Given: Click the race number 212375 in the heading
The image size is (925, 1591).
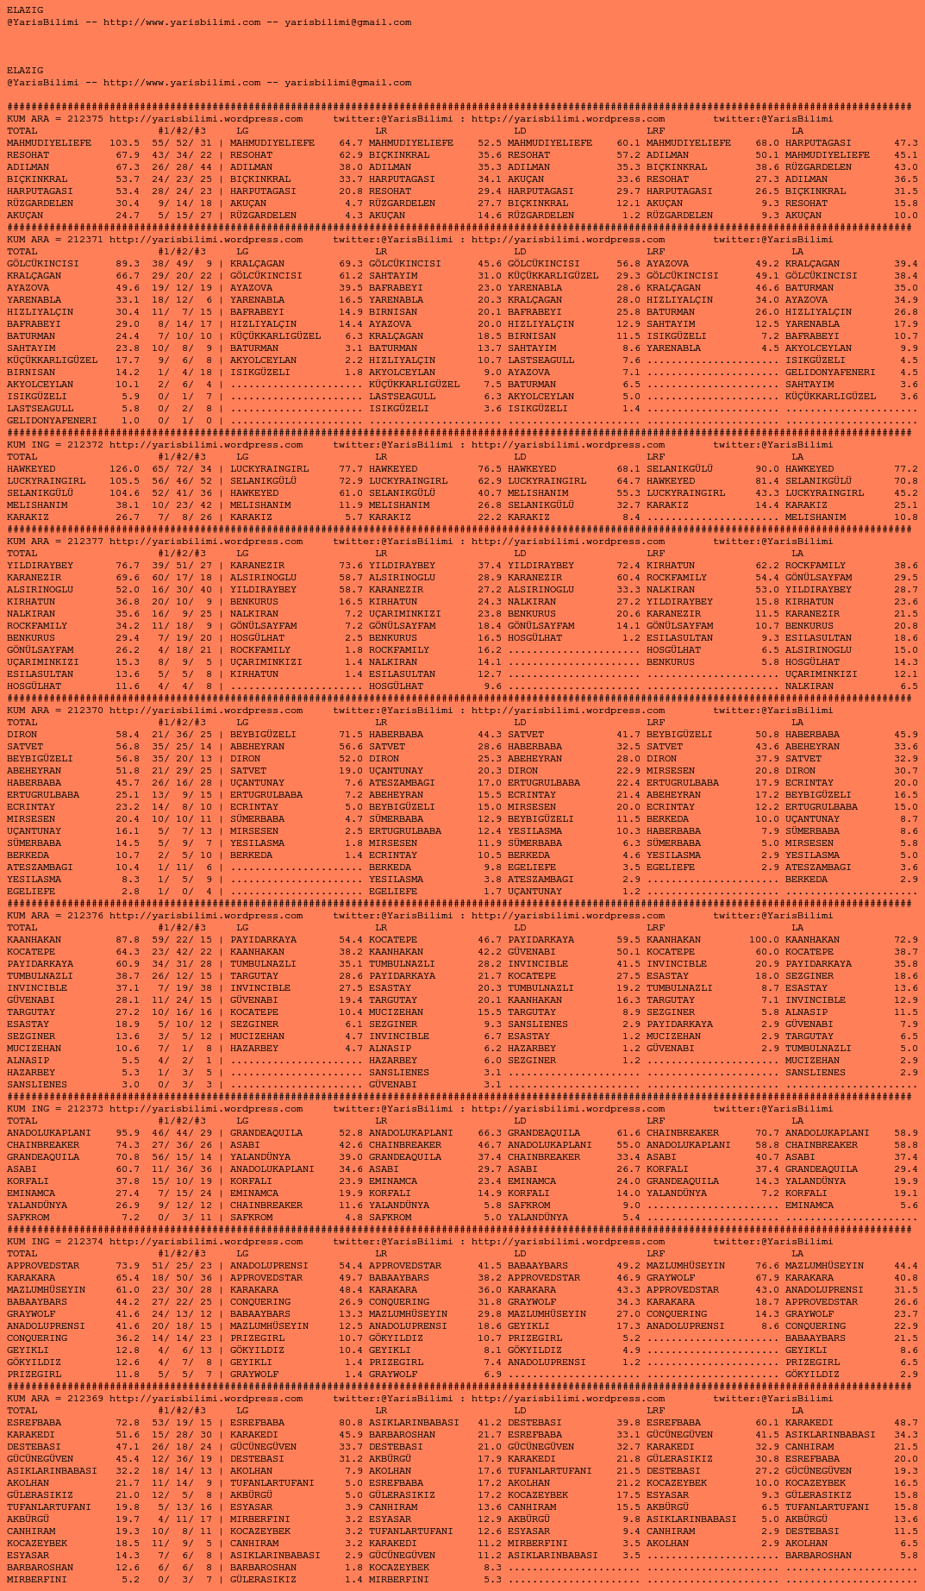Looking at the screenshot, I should (x=84, y=119).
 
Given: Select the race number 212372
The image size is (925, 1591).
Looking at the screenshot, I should (x=84, y=445).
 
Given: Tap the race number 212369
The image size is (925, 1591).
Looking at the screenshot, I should (x=84, y=1399).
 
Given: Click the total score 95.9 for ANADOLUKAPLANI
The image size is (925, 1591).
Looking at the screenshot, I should (x=127, y=1133).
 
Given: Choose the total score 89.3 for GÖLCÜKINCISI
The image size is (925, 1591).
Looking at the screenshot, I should (x=127, y=264).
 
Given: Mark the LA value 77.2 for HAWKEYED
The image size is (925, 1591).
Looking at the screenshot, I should (x=905, y=469).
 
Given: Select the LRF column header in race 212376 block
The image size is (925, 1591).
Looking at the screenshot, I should (x=655, y=928).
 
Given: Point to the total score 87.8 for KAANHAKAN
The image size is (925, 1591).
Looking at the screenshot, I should (x=127, y=940).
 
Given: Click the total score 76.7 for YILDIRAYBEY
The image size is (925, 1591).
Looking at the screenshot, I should (x=127, y=566).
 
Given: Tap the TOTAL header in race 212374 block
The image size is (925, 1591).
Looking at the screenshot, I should (x=22, y=1254).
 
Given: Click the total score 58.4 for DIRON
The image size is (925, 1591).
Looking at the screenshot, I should (x=127, y=735).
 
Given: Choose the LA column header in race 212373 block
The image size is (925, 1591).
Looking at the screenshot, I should (x=797, y=1121).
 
